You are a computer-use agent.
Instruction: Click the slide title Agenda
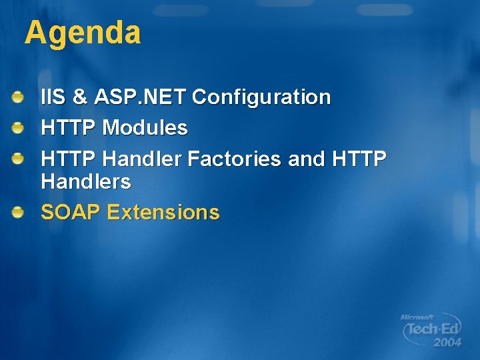click(x=83, y=33)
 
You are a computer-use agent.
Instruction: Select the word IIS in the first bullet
click(x=53, y=97)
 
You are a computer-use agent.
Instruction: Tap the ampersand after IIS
click(x=80, y=97)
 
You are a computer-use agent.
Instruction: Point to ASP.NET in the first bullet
click(x=140, y=97)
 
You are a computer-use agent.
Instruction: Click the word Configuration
click(x=261, y=97)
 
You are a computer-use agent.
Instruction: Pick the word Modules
click(x=145, y=128)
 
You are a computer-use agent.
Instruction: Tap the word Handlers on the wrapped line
click(x=86, y=181)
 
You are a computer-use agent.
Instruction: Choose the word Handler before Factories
click(x=143, y=159)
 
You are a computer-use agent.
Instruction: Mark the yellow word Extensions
click(x=163, y=213)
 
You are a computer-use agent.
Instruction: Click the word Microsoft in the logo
click(x=417, y=317)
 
